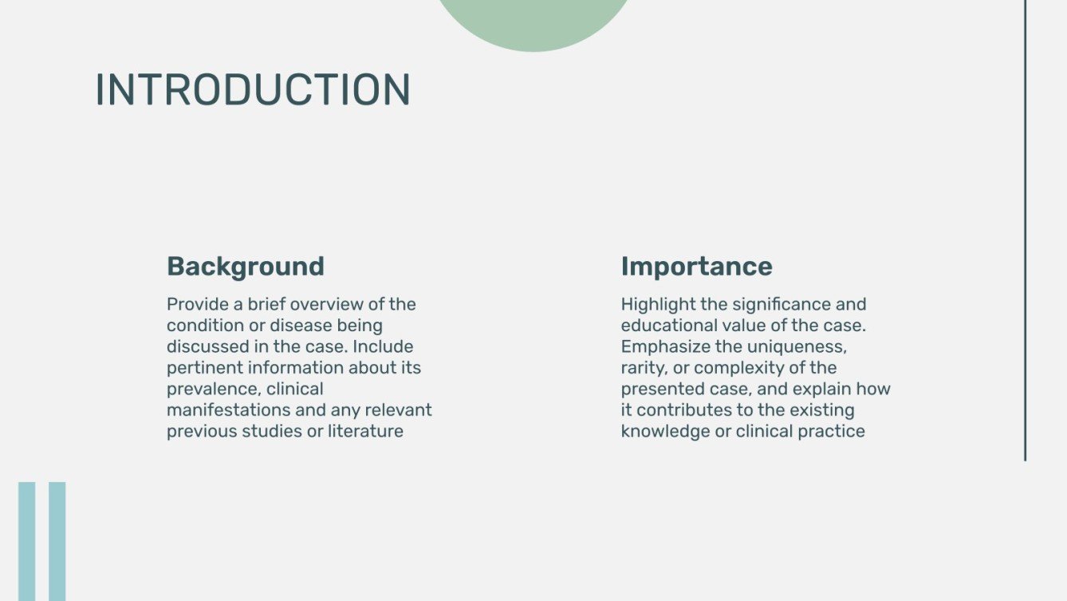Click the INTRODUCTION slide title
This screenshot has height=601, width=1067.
(253, 89)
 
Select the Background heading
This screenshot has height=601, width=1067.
(246, 266)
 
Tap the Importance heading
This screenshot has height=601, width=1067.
(696, 266)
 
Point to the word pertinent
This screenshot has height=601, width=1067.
(204, 368)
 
